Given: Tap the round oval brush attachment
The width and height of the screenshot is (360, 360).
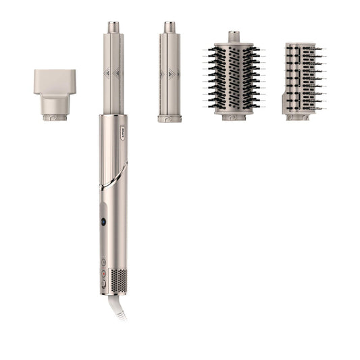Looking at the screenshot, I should pos(234,77).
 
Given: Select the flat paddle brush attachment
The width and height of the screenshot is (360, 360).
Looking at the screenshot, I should pos(301,77).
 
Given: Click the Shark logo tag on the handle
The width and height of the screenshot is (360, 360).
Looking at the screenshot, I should pos(123,125).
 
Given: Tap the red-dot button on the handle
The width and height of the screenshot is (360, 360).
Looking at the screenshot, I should pos(103,222).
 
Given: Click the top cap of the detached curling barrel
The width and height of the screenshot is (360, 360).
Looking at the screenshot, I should pos(169,28).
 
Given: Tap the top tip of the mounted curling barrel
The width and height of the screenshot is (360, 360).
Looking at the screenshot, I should pos(113,28).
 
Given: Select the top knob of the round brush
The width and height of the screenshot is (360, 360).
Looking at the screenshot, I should pos(234,36).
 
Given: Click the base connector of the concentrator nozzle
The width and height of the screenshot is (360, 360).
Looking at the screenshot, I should pos(55,117).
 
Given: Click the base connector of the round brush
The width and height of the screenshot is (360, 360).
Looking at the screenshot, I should pos(234,117).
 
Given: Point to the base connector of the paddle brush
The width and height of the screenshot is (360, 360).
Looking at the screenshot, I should pos(297,117).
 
